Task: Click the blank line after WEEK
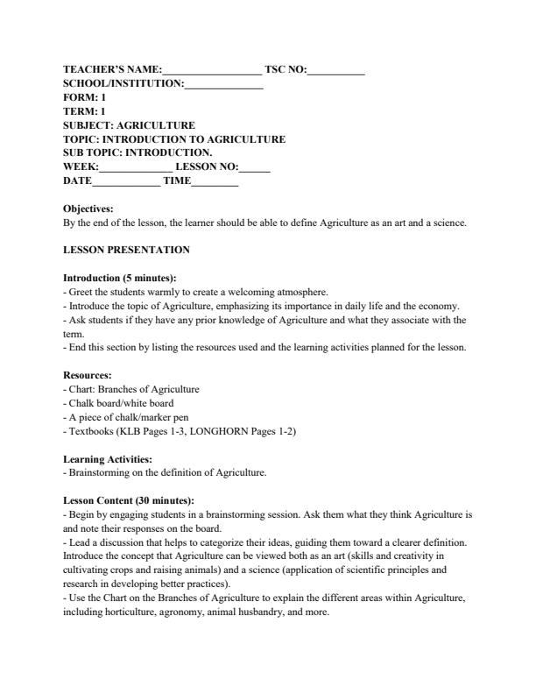pos(136,167)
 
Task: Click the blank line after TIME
pos(215,181)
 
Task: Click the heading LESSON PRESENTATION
pos(126,250)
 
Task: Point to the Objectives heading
pos(88,209)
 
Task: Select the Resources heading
pos(88,375)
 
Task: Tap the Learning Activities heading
pos(108,458)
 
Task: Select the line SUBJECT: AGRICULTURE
pos(129,125)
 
